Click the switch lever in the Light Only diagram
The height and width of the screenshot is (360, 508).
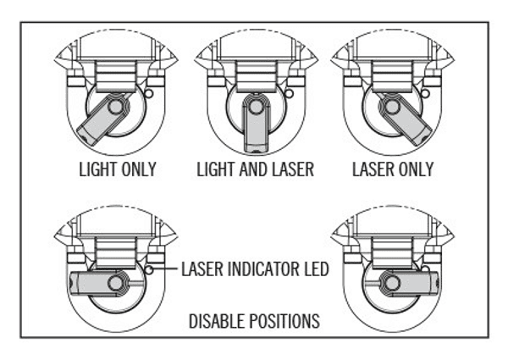pos(99,123)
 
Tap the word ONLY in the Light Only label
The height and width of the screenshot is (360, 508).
pos(137,169)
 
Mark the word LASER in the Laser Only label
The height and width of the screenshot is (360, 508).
pos(372,169)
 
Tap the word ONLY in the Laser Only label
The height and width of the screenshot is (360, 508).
pos(415,169)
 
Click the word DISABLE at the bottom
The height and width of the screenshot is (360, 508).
pos(217,323)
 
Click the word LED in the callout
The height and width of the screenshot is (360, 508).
pos(315,270)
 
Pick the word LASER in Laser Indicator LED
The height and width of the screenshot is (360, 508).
pos(204,270)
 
